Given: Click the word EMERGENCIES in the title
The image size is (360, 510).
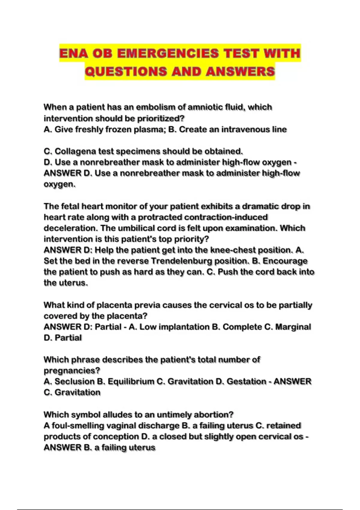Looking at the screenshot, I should coord(168,53).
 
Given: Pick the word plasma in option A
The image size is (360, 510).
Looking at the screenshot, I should coord(148,129).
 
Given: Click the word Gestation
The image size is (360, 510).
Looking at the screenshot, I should coord(246,381).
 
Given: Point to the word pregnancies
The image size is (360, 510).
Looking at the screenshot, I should coord(72,370).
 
